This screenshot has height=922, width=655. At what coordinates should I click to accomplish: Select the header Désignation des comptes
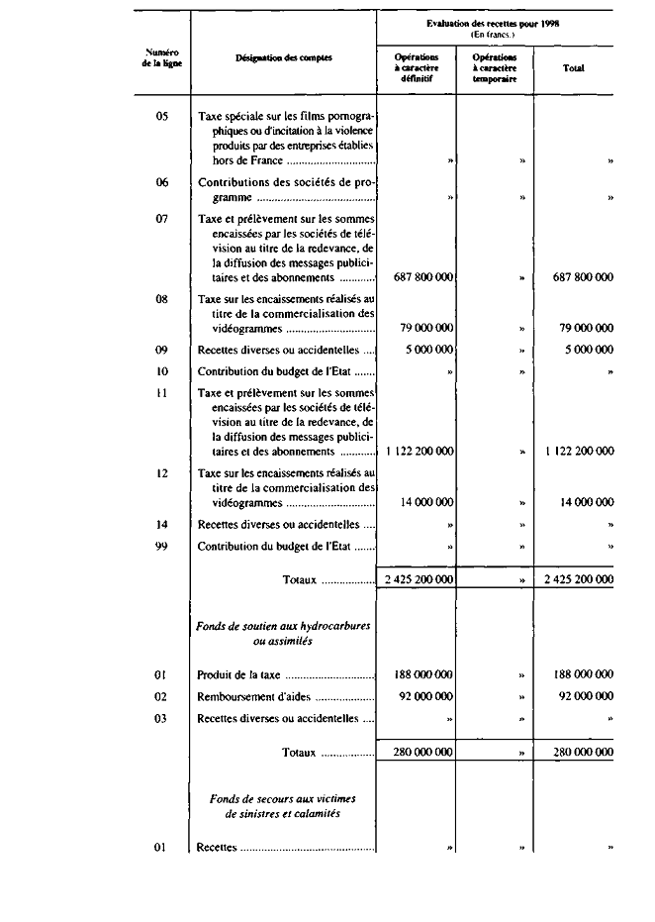(283, 57)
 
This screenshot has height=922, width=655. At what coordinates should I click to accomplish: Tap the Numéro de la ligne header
(161, 57)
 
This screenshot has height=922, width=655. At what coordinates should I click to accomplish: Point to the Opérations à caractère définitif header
(416, 68)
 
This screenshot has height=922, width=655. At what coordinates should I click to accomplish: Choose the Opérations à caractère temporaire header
(495, 68)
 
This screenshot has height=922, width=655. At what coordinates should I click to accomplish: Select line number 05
(162, 116)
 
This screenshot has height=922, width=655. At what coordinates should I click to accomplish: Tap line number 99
(162, 546)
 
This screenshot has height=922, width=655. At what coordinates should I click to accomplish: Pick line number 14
(162, 524)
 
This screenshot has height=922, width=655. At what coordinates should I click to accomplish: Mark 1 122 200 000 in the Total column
(579, 451)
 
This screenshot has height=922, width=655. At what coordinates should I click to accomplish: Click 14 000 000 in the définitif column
(426, 503)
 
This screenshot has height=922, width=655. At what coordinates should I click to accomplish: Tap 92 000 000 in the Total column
(582, 696)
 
